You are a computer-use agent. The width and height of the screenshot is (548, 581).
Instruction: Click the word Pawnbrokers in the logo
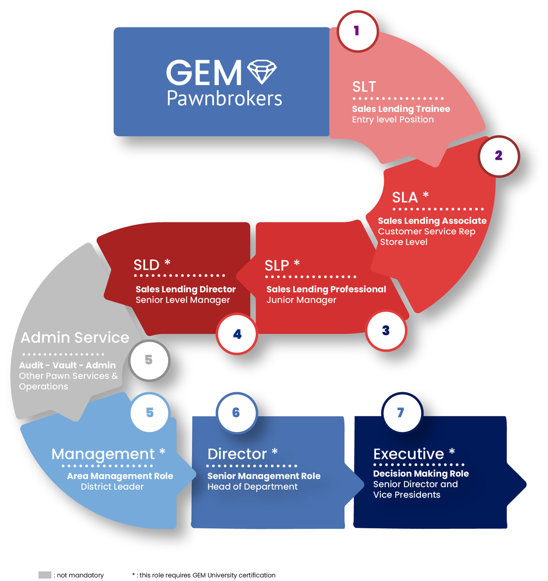click(224, 98)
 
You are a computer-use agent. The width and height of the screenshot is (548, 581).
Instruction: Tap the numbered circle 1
click(357, 31)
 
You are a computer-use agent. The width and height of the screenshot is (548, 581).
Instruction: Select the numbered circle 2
click(499, 156)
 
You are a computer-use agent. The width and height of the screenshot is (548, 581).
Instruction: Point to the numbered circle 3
click(386, 330)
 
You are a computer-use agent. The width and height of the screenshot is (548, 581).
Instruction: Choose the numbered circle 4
click(237, 334)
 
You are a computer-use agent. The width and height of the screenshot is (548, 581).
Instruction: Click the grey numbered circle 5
click(149, 360)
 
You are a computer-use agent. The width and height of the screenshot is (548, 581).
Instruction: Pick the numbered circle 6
click(236, 413)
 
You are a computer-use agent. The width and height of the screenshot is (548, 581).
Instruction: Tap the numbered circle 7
click(401, 413)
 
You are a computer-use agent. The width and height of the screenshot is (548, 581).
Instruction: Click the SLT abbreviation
click(364, 87)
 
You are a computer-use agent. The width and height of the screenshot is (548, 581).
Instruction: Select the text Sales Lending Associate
click(432, 221)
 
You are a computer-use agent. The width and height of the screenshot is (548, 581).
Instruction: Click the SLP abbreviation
click(277, 265)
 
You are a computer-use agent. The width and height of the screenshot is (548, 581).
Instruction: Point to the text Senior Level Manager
click(183, 300)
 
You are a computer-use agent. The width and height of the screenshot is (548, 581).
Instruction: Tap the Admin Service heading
click(75, 337)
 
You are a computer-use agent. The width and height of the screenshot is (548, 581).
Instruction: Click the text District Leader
click(112, 487)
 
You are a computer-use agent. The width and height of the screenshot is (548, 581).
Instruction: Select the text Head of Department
click(252, 487)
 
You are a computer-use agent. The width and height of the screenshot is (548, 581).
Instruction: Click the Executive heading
click(408, 454)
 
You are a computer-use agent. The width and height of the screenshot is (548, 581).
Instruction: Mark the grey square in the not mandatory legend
click(45, 575)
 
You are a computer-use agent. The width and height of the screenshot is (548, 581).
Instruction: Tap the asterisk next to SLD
click(167, 262)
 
